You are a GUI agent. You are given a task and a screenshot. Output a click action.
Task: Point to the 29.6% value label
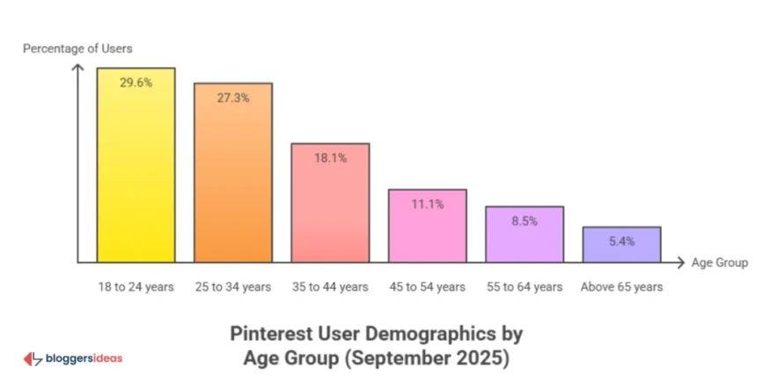(x=136, y=84)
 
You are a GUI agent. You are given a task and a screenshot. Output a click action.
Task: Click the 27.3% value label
(x=233, y=98)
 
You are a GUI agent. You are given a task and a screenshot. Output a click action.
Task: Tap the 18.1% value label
(x=330, y=158)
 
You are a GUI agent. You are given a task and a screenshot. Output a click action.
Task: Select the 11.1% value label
(x=428, y=204)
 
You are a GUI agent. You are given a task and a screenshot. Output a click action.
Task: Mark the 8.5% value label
(x=525, y=222)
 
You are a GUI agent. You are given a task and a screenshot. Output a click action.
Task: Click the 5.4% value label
(x=621, y=241)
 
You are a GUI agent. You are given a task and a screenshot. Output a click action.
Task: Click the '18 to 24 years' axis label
(x=136, y=287)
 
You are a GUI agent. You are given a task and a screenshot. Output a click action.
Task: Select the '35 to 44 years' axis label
(x=330, y=287)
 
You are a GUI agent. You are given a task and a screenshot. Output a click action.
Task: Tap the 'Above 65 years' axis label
(x=621, y=287)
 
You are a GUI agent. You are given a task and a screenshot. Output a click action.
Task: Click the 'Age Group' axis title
(x=719, y=262)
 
